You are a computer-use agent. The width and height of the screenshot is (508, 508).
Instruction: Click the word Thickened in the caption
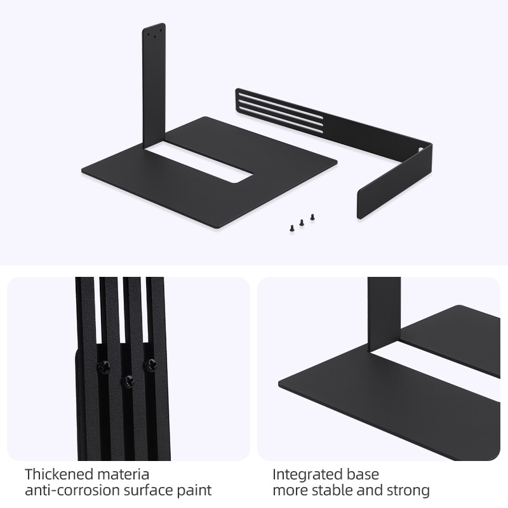(58, 474)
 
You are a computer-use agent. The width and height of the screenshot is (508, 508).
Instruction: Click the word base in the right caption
(363, 474)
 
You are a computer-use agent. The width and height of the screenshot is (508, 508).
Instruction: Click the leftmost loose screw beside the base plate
(292, 229)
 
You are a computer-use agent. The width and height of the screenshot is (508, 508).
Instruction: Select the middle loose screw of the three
(302, 223)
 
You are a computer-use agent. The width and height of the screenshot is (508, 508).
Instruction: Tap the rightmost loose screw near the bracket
(312, 217)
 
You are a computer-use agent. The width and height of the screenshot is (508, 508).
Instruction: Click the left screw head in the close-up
(104, 368)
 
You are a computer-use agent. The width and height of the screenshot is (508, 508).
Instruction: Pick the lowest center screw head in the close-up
(128, 382)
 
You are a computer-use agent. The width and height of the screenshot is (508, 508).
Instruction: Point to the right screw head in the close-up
(150, 365)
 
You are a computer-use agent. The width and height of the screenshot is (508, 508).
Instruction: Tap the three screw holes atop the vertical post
(154, 33)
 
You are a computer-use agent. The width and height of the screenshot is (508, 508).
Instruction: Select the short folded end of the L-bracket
(394, 182)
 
